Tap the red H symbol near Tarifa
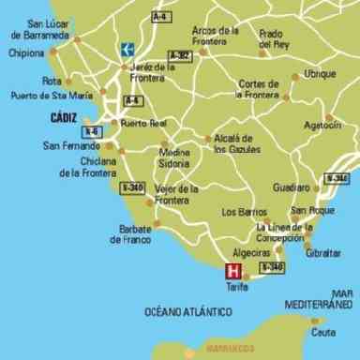click(233, 273)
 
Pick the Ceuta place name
click(323, 332)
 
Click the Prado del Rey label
click(276, 38)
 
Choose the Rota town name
click(53, 81)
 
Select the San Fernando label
click(69, 146)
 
